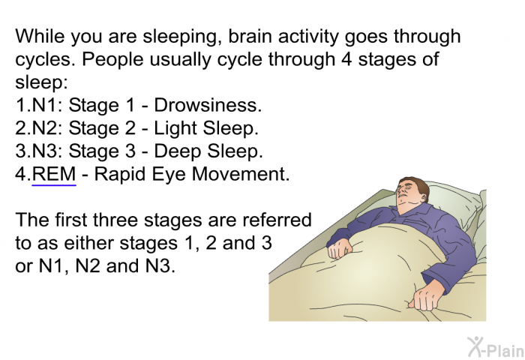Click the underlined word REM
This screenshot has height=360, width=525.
[54, 174]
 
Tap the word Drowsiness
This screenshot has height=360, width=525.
[208, 105]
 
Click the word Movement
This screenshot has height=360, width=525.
[241, 174]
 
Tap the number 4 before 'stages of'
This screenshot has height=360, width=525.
[346, 59]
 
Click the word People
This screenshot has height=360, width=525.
[112, 59]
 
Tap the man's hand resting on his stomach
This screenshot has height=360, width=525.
[340, 250]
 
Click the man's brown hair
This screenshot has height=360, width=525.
[418, 186]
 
